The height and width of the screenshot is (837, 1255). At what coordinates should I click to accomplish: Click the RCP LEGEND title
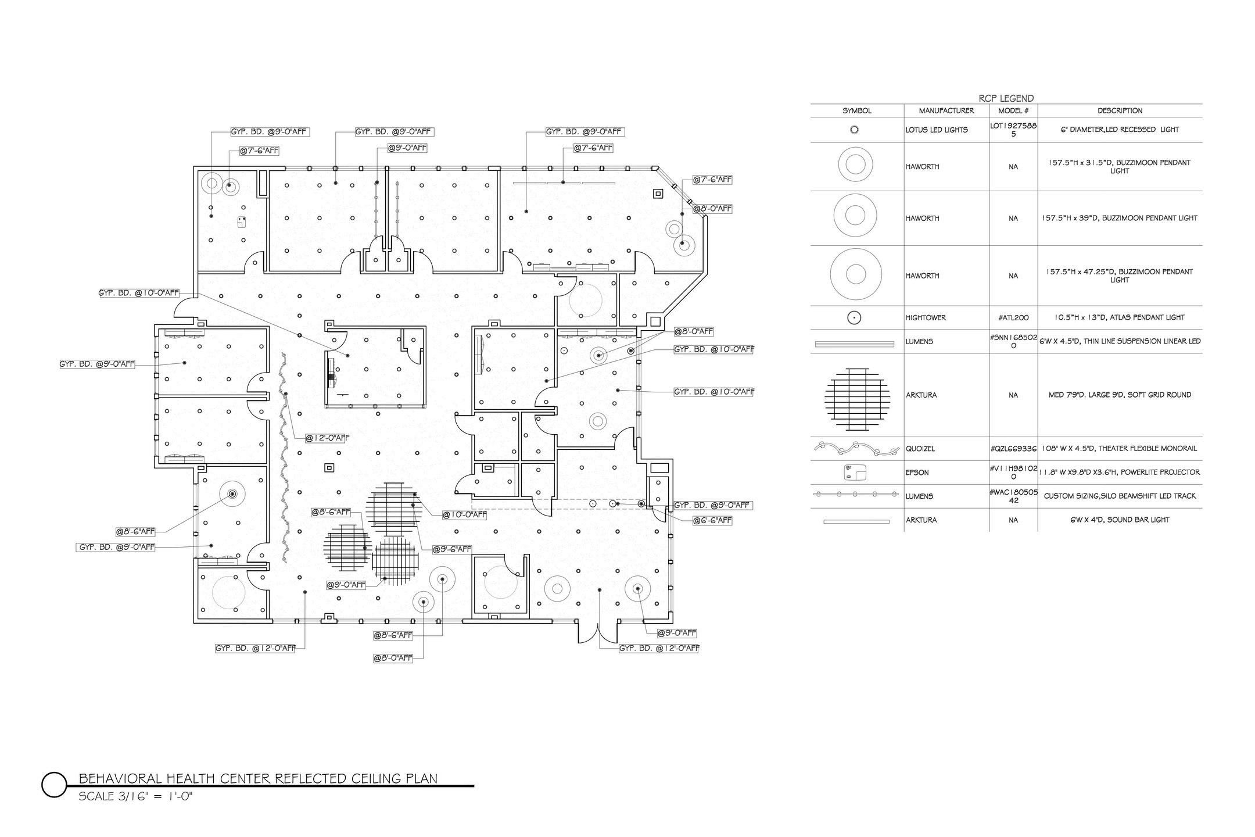tap(1006, 98)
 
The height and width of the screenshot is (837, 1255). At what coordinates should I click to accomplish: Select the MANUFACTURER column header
tap(946, 110)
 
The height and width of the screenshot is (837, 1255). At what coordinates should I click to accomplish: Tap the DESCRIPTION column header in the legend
tap(1120, 110)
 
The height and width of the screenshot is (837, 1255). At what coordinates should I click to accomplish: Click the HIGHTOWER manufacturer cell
tap(926, 318)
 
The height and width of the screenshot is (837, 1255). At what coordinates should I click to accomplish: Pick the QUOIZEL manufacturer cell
tap(920, 449)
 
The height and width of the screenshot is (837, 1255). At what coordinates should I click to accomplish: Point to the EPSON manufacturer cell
tap(917, 473)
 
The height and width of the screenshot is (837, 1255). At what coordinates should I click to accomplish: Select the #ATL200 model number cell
tap(1013, 318)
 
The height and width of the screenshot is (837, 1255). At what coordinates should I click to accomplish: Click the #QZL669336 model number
tap(1013, 449)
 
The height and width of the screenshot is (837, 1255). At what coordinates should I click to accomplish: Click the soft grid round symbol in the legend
tap(857, 399)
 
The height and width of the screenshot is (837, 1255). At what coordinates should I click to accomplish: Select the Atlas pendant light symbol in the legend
tap(855, 318)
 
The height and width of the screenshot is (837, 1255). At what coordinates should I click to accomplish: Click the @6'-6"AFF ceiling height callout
tap(712, 521)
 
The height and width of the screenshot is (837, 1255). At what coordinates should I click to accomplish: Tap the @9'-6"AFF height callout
tap(452, 549)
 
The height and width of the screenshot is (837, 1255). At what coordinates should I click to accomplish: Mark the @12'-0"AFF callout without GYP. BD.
tap(328, 438)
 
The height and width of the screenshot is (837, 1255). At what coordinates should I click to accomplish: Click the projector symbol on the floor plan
tap(242, 221)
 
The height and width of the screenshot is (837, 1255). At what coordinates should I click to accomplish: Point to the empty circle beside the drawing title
tap(54, 785)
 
